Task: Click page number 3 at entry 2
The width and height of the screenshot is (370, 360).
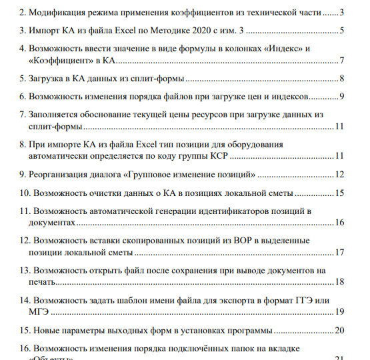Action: coord(341,13)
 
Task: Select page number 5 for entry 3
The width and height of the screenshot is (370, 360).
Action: coord(341,31)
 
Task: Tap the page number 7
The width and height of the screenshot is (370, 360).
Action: coord(341,61)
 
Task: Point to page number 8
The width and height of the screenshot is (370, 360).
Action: coord(341,79)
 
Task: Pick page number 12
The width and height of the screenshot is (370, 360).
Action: coord(339,175)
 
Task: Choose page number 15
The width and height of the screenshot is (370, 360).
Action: coord(339,194)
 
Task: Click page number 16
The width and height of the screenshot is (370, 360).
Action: coord(339,223)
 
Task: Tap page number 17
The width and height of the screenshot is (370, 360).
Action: coord(339,253)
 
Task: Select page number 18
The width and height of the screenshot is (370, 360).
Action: coord(339,282)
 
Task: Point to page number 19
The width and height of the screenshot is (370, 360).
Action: coord(339,311)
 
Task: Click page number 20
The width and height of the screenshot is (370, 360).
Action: coord(339,331)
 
